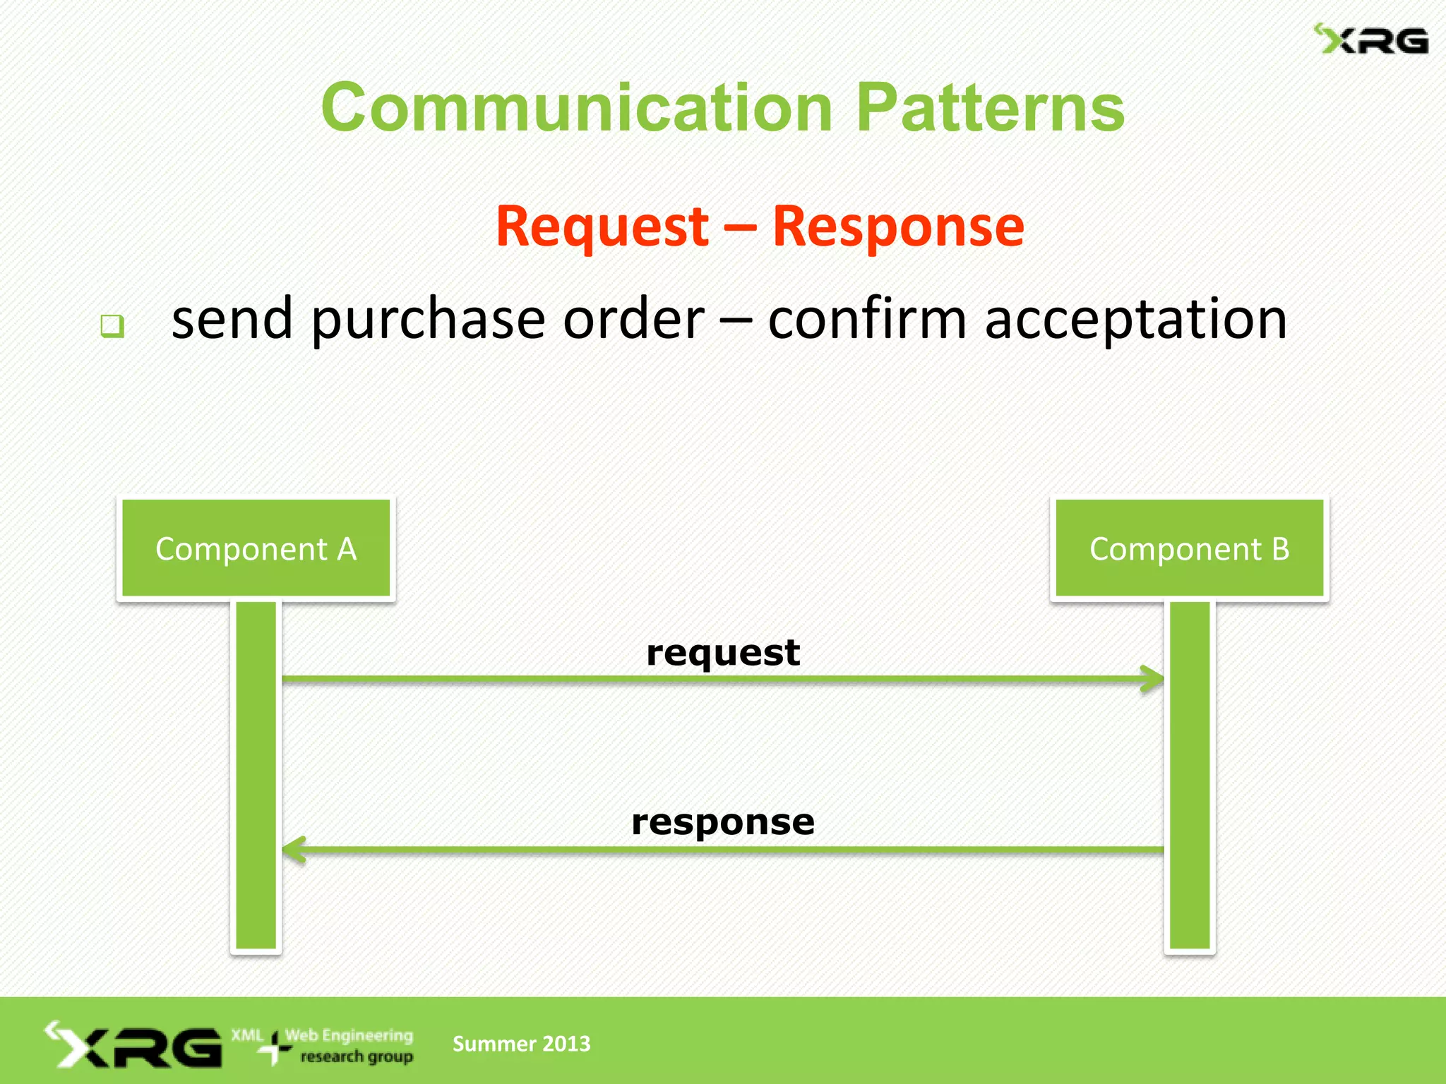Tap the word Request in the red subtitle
click(602, 226)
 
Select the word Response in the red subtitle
click(898, 226)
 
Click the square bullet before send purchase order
click(112, 325)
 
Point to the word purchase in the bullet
click(429, 320)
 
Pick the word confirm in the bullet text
click(867, 318)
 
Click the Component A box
click(256, 548)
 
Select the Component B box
click(1190, 548)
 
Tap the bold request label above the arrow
click(723, 651)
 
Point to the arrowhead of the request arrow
click(1152, 679)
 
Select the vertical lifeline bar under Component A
click(256, 776)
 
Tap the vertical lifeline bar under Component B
click(1190, 776)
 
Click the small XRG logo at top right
click(1371, 40)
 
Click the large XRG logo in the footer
click(134, 1044)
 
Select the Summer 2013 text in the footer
click(521, 1043)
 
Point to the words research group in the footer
click(357, 1056)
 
